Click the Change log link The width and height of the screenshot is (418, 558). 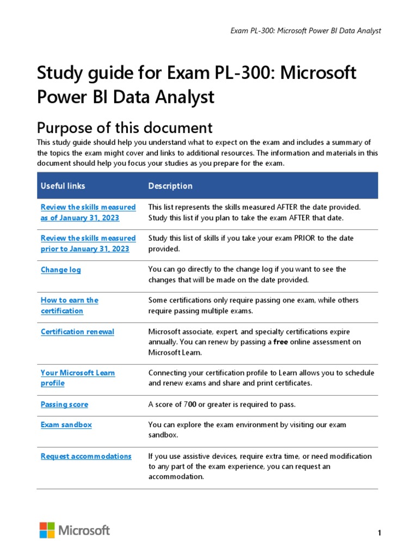61,270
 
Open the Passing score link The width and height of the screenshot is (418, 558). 64,404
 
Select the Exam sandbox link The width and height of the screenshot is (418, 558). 66,424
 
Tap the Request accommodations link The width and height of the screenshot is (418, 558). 86,456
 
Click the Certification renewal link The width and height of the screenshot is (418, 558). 77,331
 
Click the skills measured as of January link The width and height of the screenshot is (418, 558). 88,213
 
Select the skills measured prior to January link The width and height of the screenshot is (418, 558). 88,244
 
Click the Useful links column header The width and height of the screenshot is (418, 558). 63,186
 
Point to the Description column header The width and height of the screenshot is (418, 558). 170,186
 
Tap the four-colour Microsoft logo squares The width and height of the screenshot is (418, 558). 47,530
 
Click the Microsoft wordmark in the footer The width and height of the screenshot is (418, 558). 84,530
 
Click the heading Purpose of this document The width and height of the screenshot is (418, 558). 124,128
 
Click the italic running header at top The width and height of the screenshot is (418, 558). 306,31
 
